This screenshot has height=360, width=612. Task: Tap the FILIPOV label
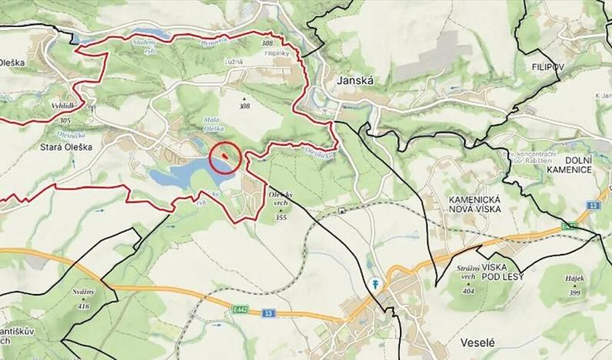[x=547, y=68]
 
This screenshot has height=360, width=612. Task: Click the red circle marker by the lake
[x=225, y=158]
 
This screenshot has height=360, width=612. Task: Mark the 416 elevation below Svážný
[x=84, y=307]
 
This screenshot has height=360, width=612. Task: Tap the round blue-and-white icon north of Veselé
[x=375, y=283]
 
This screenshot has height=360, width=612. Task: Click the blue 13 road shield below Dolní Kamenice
[x=592, y=206]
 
